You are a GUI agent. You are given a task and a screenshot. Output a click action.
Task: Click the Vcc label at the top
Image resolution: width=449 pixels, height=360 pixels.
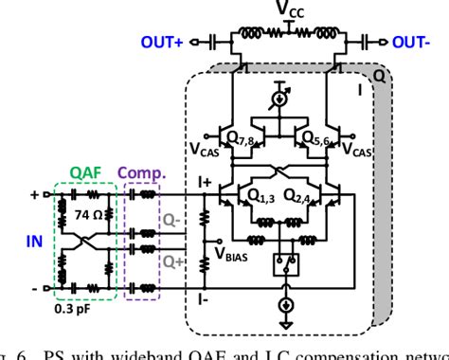coord(290,11)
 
